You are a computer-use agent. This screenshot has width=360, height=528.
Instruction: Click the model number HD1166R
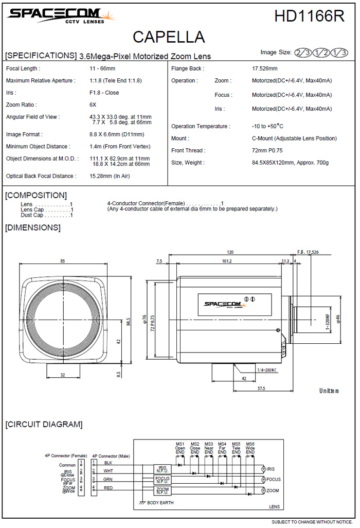pyautogui.click(x=309, y=16)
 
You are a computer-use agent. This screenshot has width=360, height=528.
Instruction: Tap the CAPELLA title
pyautogui.click(x=169, y=37)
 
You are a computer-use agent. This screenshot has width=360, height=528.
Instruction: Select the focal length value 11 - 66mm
pyautogui.click(x=103, y=68)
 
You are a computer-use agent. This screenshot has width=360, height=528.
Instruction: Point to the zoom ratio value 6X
pyautogui.click(x=93, y=104)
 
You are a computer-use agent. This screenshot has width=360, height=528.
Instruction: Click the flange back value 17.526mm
pyautogui.click(x=264, y=68)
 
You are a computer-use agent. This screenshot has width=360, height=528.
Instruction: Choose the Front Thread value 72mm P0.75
pyautogui.click(x=267, y=151)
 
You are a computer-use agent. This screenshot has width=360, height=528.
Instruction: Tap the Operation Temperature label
pyautogui.click(x=201, y=127)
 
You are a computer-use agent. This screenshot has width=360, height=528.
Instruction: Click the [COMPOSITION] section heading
pyautogui.click(x=36, y=195)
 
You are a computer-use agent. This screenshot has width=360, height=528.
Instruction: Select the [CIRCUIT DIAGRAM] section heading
pyautogui.click(x=44, y=425)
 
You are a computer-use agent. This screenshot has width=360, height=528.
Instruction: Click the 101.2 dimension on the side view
pyautogui.click(x=227, y=261)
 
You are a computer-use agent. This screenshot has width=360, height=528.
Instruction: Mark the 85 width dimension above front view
pyautogui.click(x=63, y=261)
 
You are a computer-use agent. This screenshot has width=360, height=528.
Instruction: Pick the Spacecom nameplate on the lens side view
pyautogui.click(x=234, y=304)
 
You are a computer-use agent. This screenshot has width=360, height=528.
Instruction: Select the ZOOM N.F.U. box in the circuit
pyautogui.click(x=163, y=490)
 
